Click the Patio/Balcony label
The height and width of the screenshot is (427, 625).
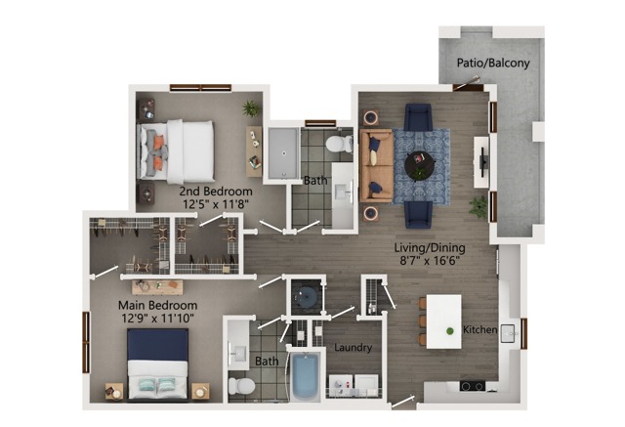coord(493,63)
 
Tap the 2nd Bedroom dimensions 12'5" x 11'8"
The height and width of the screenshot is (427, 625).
coord(216,204)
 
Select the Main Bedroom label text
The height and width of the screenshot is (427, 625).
coord(158,306)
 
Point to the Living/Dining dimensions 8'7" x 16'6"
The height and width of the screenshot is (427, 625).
coord(430,261)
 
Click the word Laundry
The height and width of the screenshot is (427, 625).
coord(353,348)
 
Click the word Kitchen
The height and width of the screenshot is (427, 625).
coord(479,329)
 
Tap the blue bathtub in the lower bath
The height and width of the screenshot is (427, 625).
coord(305,376)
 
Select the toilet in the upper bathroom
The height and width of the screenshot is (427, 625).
coord(339,144)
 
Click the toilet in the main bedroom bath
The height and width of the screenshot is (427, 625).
coord(241,386)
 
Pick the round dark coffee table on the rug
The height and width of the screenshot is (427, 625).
coord(420,165)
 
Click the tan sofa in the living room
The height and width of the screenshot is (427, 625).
coord(376,165)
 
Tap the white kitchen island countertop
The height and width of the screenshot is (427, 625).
coord(443,321)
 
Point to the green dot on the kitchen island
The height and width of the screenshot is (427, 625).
coord(450,331)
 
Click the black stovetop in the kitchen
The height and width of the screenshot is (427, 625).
coord(473,386)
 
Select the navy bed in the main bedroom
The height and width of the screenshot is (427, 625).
coord(158,363)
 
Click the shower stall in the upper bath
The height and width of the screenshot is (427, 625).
coord(283,153)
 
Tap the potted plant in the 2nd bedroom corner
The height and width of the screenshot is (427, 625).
coord(252,108)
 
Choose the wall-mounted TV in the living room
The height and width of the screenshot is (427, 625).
coord(482,162)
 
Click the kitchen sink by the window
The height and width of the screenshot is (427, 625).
coord(508,331)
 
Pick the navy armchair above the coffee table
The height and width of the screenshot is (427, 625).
coord(418,117)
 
